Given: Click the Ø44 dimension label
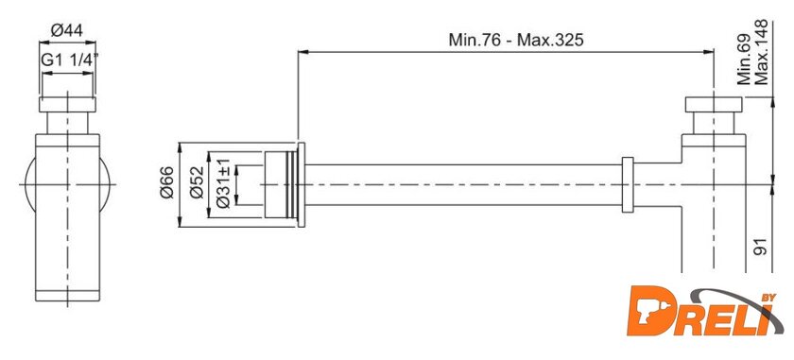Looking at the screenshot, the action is (67, 31).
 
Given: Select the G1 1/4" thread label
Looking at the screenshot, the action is (69, 60).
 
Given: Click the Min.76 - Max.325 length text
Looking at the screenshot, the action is (515, 40).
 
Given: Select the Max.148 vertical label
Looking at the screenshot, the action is (761, 53).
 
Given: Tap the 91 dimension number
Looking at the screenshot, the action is (761, 247).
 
